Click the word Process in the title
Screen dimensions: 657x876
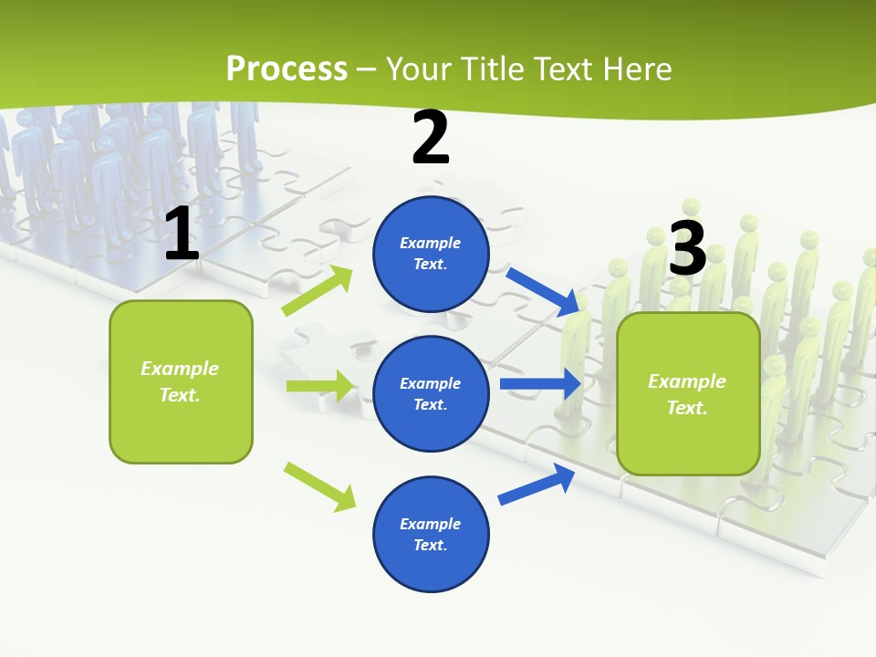[287, 68]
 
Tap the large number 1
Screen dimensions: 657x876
[182, 235]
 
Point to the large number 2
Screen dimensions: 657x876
[431, 138]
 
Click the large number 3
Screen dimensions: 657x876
[687, 248]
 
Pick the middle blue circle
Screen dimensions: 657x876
[431, 393]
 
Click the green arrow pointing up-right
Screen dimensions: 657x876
[318, 291]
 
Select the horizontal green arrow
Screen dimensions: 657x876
[319, 386]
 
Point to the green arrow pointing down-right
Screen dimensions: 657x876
[319, 486]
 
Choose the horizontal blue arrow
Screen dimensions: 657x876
[540, 384]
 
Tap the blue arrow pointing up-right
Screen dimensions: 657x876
[537, 485]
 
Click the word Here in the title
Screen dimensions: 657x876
[636, 68]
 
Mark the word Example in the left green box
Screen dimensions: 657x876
[180, 369]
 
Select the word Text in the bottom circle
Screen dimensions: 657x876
[429, 545]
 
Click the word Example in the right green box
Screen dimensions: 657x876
[687, 381]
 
